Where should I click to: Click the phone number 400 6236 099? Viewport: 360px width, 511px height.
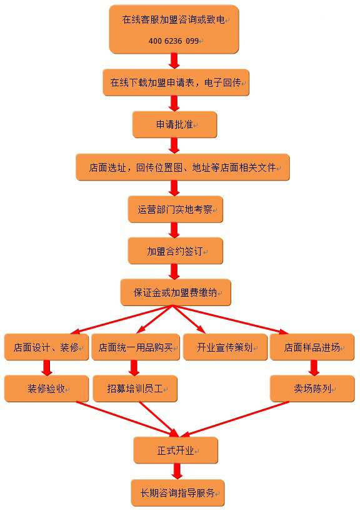tap(174, 41)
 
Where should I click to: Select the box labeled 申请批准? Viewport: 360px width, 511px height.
tap(174, 124)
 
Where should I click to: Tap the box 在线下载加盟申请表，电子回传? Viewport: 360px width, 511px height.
tap(176, 82)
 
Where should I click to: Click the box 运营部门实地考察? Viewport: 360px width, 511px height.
tap(176, 209)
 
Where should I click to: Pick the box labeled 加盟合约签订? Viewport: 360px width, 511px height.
tap(176, 251)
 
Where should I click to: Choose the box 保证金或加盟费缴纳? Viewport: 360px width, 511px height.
tap(176, 292)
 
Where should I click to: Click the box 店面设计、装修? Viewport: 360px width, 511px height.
tap(46, 347)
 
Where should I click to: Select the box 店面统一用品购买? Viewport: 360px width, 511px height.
tap(136, 347)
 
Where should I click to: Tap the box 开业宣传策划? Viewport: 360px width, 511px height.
tap(226, 347)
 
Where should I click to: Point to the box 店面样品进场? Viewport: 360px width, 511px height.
tap(312, 347)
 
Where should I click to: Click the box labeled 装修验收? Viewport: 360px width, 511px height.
tap(46, 389)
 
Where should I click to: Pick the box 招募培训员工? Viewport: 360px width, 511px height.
tap(135, 389)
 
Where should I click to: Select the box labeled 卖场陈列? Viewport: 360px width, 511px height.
tap(312, 389)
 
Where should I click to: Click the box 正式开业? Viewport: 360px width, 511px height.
tap(176, 450)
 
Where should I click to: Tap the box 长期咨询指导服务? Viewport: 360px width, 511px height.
tap(177, 493)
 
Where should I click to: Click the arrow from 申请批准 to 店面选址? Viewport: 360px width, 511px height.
tap(174, 146)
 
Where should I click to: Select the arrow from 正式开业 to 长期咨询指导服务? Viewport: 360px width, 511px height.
tap(177, 471)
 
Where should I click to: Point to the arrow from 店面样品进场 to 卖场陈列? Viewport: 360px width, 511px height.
tap(314, 367)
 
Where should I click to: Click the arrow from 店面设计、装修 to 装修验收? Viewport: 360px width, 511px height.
tap(47, 367)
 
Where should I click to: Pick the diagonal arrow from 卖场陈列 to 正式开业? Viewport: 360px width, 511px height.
tap(234, 419)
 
